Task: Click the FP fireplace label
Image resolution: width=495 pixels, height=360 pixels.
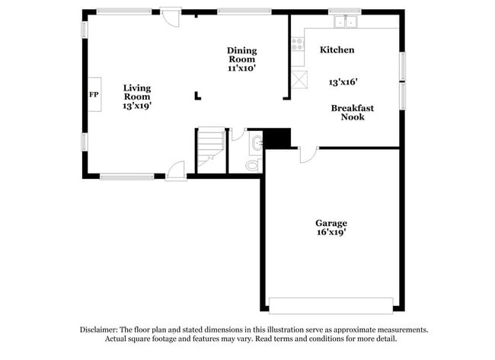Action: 94,95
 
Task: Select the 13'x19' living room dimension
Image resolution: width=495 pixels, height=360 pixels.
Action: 137,107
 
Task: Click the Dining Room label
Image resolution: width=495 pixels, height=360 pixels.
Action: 242,55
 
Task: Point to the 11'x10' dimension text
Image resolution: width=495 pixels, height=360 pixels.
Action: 241,68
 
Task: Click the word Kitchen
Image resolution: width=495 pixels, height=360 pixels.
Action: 337,49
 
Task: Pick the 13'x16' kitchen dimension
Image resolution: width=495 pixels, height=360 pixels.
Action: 343,81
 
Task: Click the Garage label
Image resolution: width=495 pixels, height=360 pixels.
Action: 331,222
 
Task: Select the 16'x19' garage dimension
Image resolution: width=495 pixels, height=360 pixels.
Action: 331,233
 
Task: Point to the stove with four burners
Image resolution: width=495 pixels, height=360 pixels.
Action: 298,44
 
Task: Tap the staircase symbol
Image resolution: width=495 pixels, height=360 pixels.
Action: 211,150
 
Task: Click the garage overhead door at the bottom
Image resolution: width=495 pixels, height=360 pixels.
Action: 332,305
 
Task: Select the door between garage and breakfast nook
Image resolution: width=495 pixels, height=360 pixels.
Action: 307,154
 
